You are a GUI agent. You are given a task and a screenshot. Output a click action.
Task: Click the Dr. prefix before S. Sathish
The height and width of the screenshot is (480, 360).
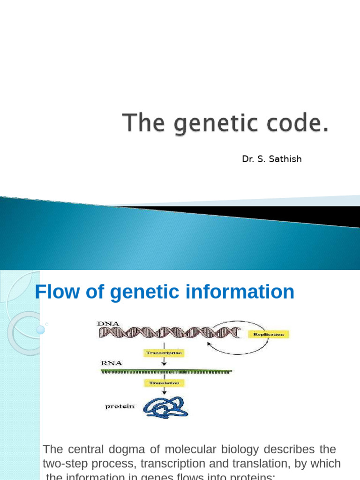pos(248,159)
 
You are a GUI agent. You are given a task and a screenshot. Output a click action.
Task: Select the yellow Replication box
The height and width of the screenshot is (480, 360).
pos(268,334)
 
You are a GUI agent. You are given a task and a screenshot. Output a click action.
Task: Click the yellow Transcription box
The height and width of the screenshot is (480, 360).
pos(164,352)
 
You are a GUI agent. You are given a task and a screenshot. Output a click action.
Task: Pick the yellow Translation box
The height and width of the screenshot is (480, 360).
pos(164,383)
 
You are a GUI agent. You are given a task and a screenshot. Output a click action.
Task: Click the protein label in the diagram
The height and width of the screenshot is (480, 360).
pos(120,406)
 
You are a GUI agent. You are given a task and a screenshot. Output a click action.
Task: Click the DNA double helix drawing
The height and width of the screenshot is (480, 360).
pos(169,332)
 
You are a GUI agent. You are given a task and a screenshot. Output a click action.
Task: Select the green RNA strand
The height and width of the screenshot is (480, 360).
pos(166,371)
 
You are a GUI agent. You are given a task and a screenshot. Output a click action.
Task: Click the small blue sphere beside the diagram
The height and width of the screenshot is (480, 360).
pos(40,330)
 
